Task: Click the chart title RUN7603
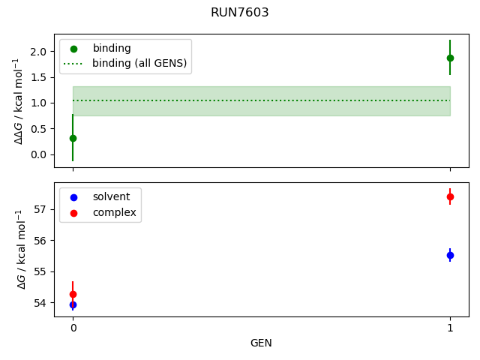pyautogui.click(x=240, y=13)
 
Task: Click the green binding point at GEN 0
pyautogui.click(x=73, y=138)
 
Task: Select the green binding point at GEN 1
pyautogui.click(x=450, y=58)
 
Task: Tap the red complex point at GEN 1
pyautogui.click(x=450, y=196)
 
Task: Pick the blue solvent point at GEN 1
pyautogui.click(x=450, y=255)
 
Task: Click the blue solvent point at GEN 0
pyautogui.click(x=73, y=304)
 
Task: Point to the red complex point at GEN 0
pyautogui.click(x=73, y=294)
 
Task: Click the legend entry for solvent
pyautogui.click(x=111, y=197)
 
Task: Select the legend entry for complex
pyautogui.click(x=114, y=212)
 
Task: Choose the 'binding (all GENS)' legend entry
pyautogui.click(x=139, y=63)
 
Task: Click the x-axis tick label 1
pyautogui.click(x=450, y=328)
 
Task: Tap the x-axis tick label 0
pyautogui.click(x=73, y=328)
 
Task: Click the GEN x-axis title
pyautogui.click(x=261, y=343)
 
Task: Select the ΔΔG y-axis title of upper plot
pyautogui.click(x=20, y=100)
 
